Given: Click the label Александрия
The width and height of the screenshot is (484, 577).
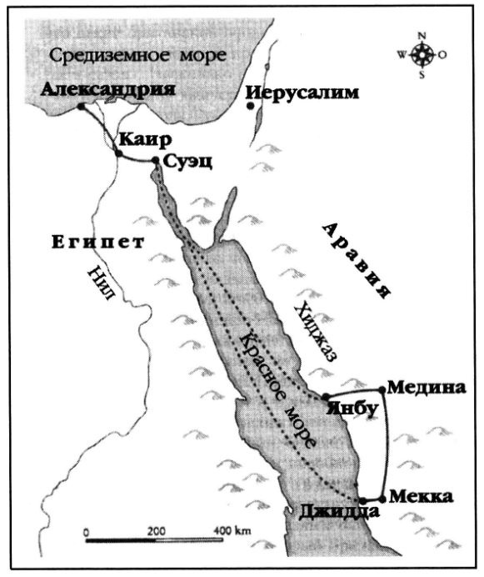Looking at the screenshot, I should (x=112, y=89).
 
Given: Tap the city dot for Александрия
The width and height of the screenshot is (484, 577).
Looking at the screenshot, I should (x=81, y=107).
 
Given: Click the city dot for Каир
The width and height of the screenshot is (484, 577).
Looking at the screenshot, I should (x=118, y=154).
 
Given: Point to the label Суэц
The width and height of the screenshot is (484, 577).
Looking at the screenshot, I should (x=189, y=162).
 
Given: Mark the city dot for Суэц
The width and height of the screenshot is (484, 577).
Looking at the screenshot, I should (x=156, y=161).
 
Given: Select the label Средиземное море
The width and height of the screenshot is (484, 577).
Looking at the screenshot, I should (x=139, y=57).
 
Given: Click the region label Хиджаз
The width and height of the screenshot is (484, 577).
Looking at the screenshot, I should (x=316, y=331).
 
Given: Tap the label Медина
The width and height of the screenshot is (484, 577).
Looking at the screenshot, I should (x=425, y=388).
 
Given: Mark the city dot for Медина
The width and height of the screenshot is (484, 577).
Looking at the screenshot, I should (x=382, y=388).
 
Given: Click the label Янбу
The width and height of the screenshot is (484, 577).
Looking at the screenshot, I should (x=347, y=409).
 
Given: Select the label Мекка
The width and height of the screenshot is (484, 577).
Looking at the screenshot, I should (x=421, y=497).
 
